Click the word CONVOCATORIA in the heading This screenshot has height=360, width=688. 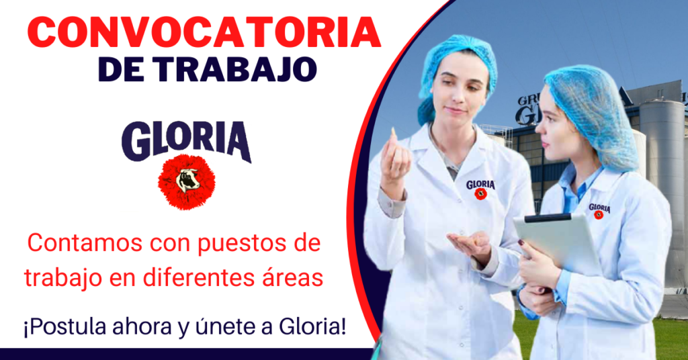tap(204, 34)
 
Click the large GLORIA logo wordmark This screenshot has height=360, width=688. tap(187, 140)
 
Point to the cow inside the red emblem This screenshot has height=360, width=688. tap(187, 180)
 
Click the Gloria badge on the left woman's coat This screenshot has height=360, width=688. tap(480, 189)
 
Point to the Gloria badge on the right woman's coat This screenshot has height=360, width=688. tap(599, 211)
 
